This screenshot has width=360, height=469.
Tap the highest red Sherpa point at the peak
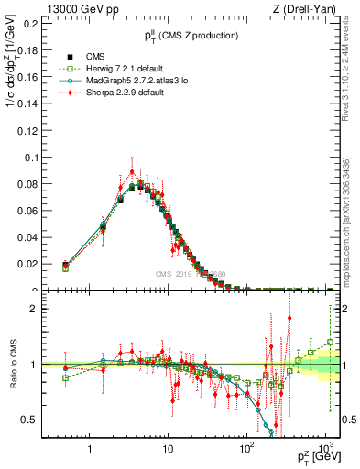click(x=132, y=170)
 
